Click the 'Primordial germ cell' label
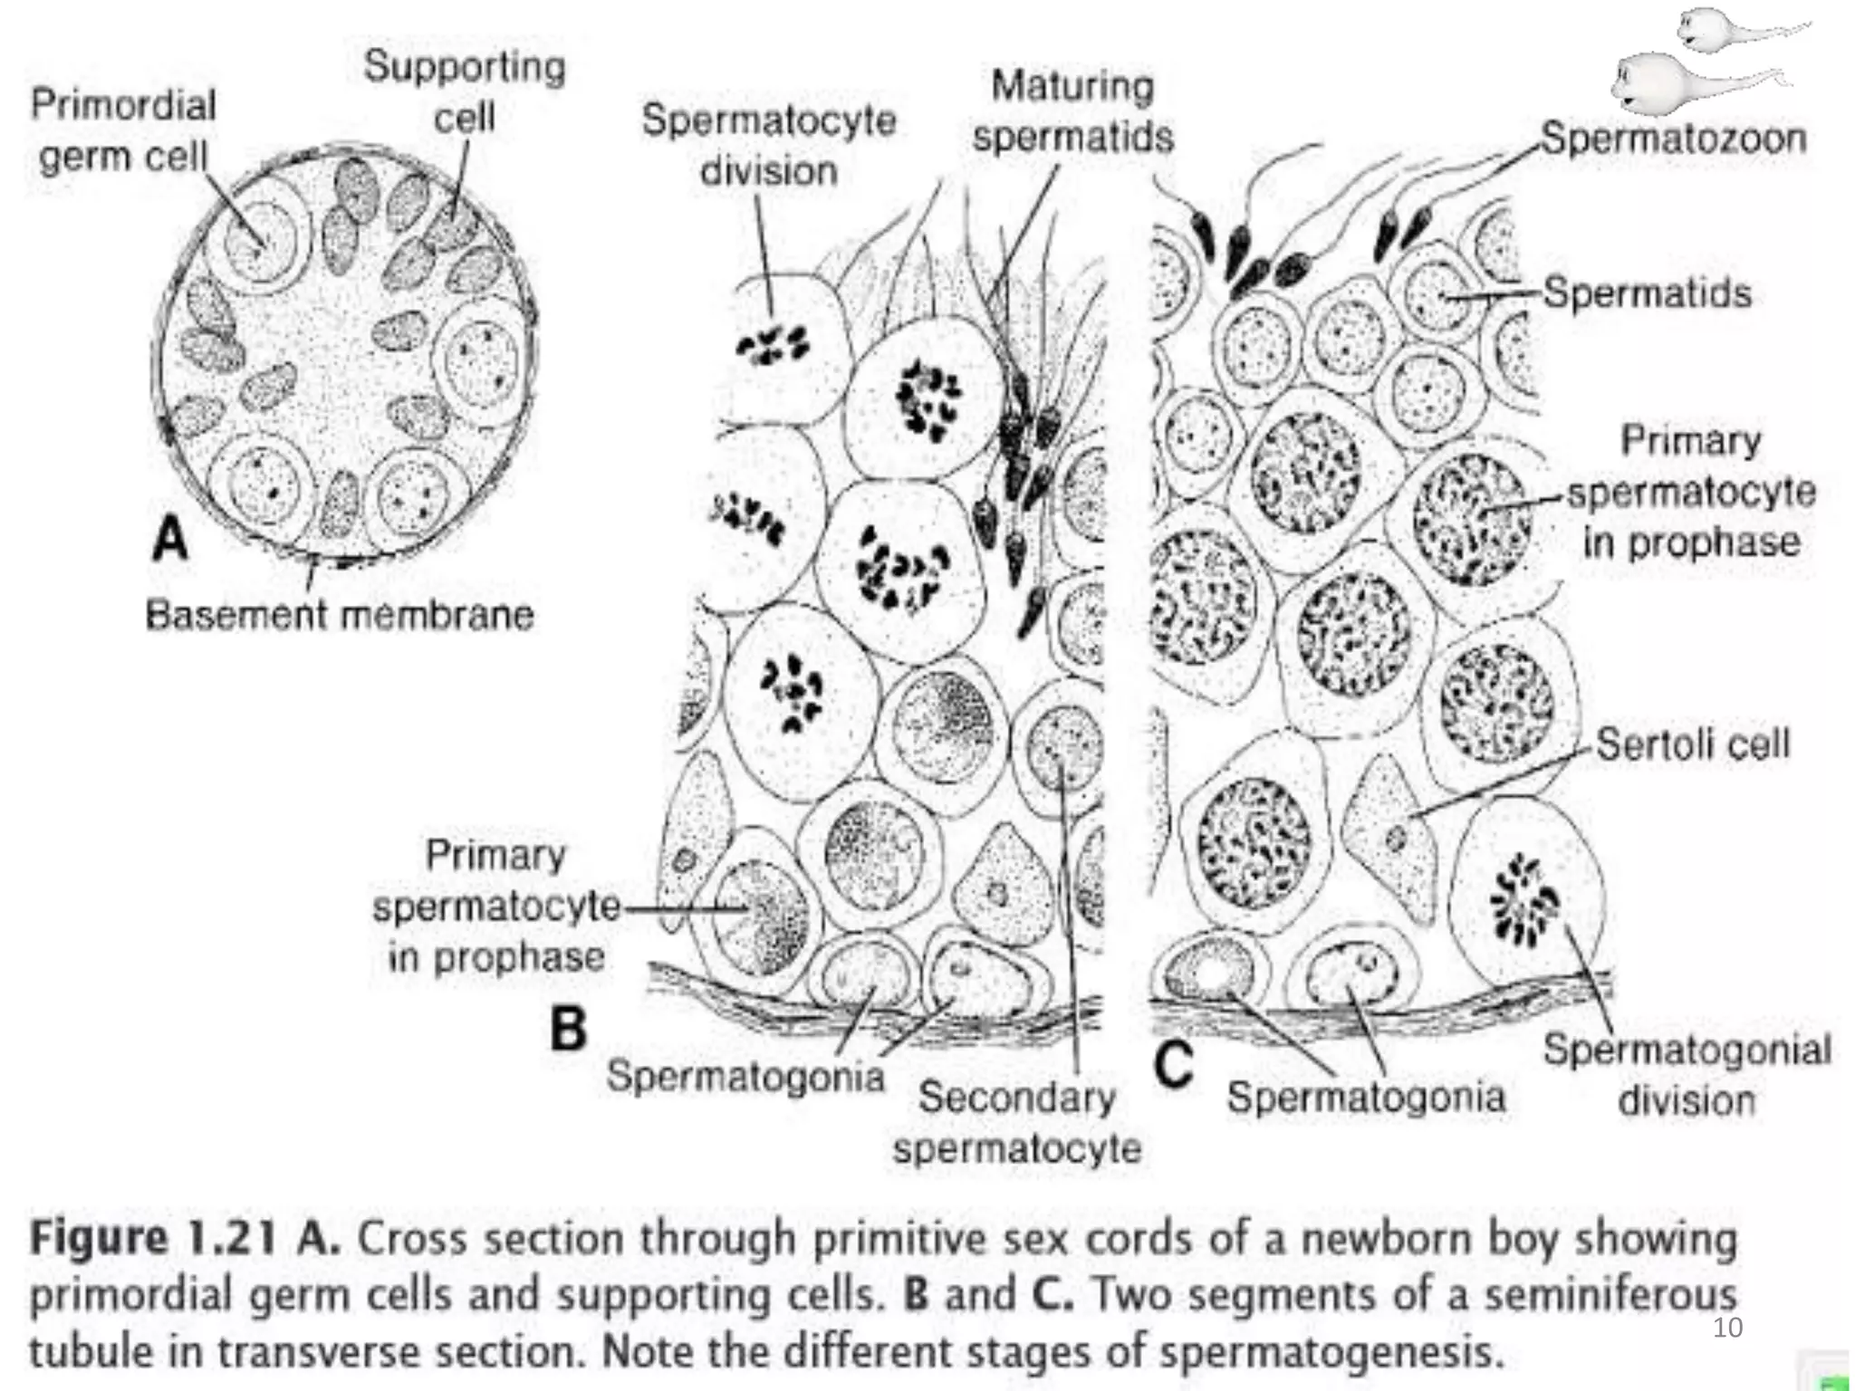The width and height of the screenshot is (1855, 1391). pos(123,130)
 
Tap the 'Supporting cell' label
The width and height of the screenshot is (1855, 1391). pos(465,91)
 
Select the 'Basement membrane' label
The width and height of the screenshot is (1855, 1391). pos(340,615)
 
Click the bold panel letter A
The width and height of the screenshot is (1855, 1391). pos(169,539)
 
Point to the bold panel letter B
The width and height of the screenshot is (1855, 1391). pos(569,1030)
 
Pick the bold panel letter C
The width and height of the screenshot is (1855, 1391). pos(1174,1064)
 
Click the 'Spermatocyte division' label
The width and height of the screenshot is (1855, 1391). pos(768,145)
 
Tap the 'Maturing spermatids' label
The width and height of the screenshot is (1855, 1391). pos(1072,111)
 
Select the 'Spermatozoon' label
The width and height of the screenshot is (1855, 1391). pos(1674,139)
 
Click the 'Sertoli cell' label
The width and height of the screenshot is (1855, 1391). pos(1692,743)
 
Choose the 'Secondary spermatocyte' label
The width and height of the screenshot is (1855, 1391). pos(1016,1123)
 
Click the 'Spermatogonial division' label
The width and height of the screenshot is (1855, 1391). pos(1687,1075)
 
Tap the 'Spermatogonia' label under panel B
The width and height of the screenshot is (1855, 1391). pos(745,1076)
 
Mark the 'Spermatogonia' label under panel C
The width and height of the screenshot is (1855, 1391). pos(1366,1097)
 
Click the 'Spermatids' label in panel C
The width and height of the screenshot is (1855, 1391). pos(1647,293)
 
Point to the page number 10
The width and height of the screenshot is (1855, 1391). pos(1727,1328)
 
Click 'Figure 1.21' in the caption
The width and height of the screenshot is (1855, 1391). pos(151,1238)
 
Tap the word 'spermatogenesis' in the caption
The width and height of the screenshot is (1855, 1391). pos(1325,1351)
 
